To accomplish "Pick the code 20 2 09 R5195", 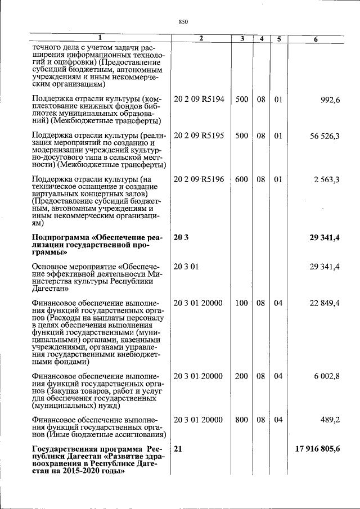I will coord(199,136).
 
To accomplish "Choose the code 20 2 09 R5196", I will coord(199,179).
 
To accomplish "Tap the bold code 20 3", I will coord(181,237).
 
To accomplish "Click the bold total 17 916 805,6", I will coord(317,449).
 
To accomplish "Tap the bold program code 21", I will coord(178,449).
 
